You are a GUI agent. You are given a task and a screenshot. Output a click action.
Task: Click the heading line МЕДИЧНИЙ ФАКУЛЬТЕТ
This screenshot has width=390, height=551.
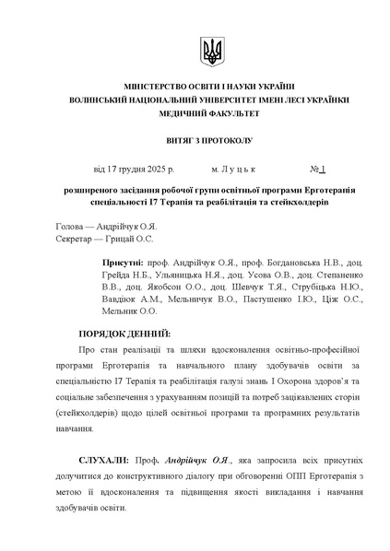[x=211, y=113]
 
